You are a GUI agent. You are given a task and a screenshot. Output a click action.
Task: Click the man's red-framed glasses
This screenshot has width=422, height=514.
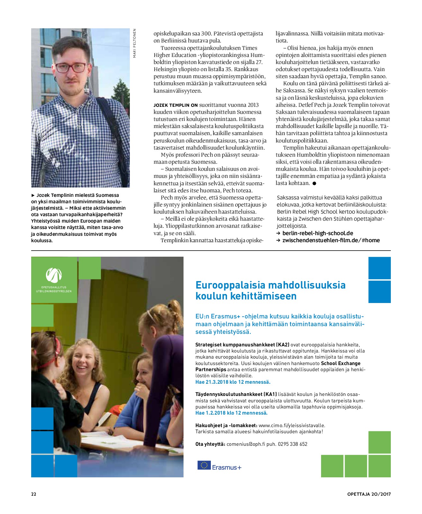tap(71, 67)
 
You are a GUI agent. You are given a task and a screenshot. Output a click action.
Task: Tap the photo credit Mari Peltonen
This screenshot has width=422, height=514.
tap(134, 43)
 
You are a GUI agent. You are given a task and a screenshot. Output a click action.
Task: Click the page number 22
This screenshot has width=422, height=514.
tap(33, 494)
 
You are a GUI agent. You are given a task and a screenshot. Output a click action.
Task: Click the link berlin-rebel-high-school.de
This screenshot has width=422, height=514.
tap(318, 233)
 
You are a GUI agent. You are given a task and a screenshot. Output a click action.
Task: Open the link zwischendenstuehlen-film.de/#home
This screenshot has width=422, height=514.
tap(331, 240)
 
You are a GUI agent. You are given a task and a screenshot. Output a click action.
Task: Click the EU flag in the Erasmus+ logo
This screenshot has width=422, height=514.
tap(204, 465)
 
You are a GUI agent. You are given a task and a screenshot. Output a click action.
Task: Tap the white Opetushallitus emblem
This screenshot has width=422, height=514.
tap(54, 275)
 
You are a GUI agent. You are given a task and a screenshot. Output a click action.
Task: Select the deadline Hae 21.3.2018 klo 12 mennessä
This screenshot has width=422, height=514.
tap(233, 382)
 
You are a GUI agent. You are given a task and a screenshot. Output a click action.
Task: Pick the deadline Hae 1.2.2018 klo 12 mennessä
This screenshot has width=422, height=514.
tap(231, 413)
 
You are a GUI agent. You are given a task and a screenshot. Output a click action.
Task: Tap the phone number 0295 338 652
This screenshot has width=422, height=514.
tap(292, 444)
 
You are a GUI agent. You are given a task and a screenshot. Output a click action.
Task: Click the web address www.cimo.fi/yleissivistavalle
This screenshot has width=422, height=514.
tap(292, 425)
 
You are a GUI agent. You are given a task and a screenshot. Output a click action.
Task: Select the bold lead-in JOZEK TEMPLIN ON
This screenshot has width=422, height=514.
tap(175, 105)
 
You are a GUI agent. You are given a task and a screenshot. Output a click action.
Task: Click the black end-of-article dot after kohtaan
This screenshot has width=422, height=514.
tap(314, 183)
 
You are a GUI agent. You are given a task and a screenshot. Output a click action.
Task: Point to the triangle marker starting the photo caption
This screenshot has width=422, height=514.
tap(33, 195)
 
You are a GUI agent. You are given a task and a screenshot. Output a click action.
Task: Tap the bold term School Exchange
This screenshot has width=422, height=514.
tap(341, 363)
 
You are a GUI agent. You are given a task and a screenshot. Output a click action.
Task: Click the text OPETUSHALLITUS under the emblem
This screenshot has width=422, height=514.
tap(54, 287)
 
